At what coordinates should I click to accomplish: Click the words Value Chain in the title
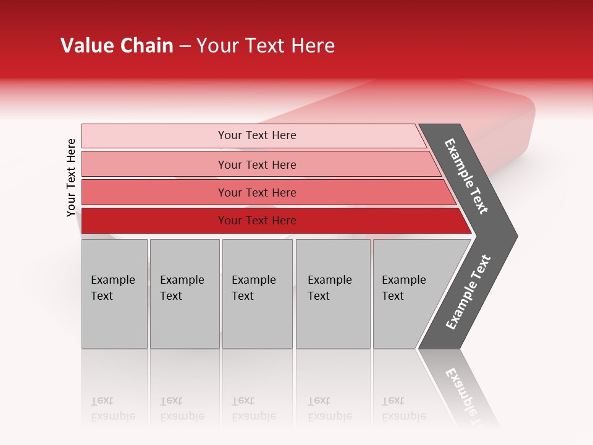point(117,46)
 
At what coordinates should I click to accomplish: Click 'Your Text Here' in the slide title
point(266,46)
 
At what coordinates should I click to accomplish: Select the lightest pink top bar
point(256,135)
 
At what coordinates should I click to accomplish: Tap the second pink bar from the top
point(256,164)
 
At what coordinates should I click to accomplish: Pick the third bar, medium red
point(256,192)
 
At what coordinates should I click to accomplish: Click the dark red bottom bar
point(256,221)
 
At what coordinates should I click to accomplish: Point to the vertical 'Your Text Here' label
point(71,177)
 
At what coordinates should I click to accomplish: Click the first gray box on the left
point(114,294)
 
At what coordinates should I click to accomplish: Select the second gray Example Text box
point(184,294)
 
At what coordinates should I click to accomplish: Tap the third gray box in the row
point(257,294)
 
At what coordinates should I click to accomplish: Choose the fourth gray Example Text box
point(332,294)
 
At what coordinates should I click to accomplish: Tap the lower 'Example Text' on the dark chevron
point(468,292)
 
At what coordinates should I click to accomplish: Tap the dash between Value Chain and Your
point(185,46)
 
